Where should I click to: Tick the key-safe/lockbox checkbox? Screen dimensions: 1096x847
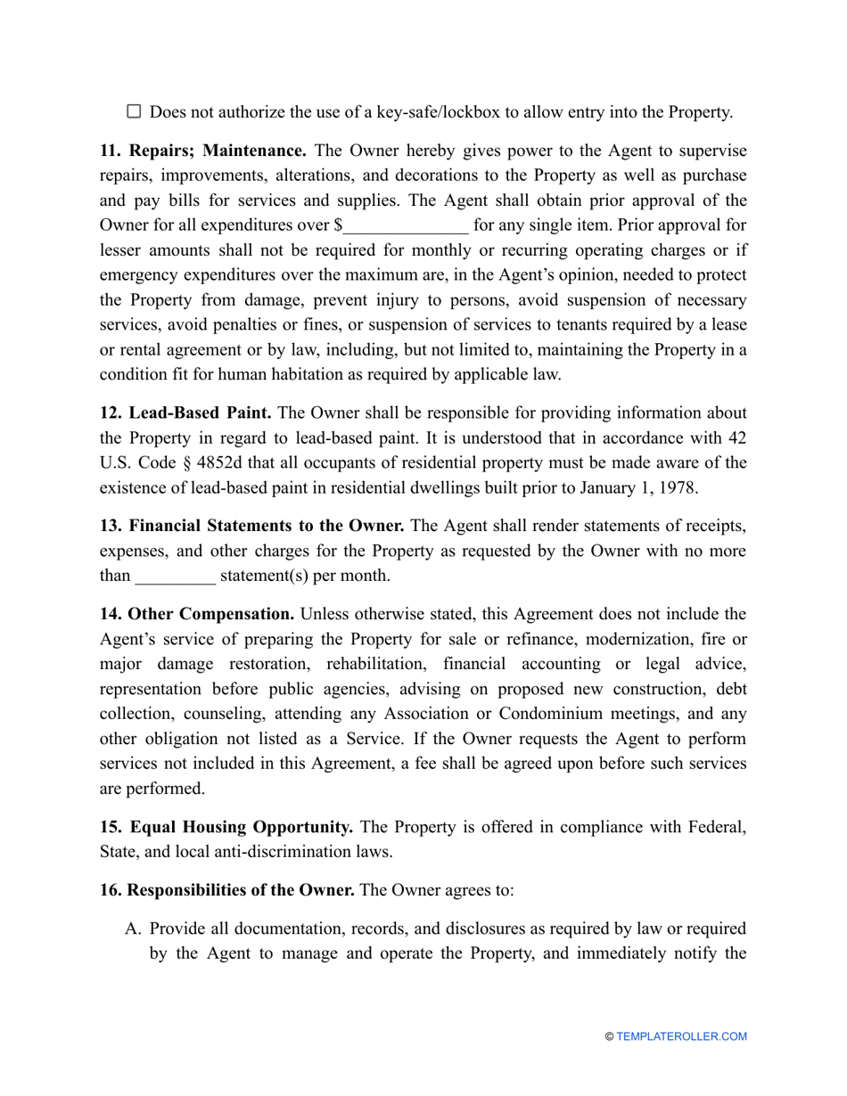pyautogui.click(x=135, y=111)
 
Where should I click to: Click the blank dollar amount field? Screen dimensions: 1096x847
pyautogui.click(x=406, y=225)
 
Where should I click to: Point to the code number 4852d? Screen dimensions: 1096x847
pyautogui.click(x=231, y=462)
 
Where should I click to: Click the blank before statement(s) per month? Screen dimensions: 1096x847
pyautogui.click(x=175, y=575)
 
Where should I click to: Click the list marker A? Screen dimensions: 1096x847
pyautogui.click(x=133, y=928)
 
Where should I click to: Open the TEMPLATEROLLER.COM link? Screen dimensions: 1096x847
pyautogui.click(x=681, y=1036)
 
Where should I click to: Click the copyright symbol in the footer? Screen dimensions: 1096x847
pyautogui.click(x=609, y=1036)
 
